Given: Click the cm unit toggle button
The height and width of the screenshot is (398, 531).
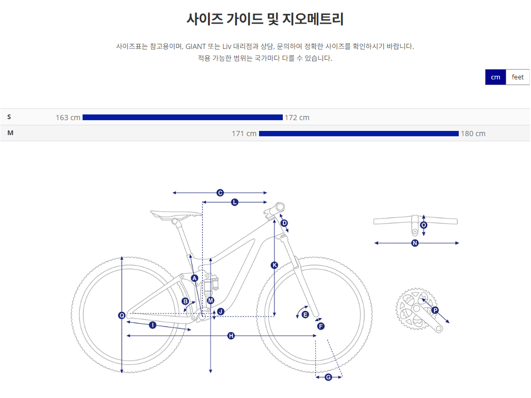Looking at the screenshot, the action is click(495, 77).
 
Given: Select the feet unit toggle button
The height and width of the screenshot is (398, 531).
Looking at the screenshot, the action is click(518, 77).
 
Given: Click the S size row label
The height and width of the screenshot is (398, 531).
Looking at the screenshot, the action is click(9, 117).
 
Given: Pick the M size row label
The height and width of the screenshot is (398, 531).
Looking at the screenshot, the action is click(10, 133).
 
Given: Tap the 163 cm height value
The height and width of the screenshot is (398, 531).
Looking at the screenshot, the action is click(68, 118).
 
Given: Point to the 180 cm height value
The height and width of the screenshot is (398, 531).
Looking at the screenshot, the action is click(473, 134).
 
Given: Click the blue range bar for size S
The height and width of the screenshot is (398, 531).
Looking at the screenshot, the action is click(183, 118).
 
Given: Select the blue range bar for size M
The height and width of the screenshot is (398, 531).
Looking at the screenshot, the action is click(359, 134).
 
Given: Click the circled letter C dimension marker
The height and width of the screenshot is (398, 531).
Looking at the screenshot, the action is click(220, 193).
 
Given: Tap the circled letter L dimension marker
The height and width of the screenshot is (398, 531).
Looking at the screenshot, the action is click(235, 203).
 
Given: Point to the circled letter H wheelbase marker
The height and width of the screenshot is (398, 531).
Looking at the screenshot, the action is click(231, 336).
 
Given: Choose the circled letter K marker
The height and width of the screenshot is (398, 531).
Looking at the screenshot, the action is click(275, 265).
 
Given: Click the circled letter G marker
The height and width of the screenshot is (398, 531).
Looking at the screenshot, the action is click(328, 377).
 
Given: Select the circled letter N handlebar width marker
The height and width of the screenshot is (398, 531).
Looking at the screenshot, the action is click(415, 243).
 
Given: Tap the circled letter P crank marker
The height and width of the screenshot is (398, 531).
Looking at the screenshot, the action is click(435, 310).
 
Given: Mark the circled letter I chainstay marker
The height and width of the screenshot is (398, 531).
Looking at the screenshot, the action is click(153, 325).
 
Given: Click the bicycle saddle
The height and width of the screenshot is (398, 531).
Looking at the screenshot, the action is click(175, 213).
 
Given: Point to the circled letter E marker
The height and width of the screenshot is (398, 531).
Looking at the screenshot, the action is click(305, 314).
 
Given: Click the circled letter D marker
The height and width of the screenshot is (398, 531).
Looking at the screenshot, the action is click(284, 223).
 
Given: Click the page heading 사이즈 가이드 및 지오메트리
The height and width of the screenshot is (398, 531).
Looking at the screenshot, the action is click(265, 20).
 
